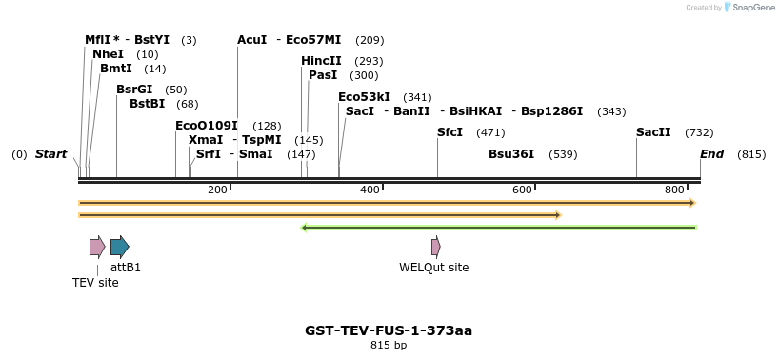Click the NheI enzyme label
(x=108, y=54)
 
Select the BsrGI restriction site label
(x=134, y=90)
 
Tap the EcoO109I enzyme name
(x=207, y=126)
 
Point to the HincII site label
(x=321, y=61)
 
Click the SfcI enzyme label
(x=449, y=132)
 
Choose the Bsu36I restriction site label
(x=511, y=153)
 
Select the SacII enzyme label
(x=653, y=132)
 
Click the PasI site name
(x=323, y=75)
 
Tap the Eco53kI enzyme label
(x=364, y=97)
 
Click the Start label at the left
(x=51, y=153)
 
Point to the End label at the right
(x=711, y=153)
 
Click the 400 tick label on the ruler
(x=370, y=190)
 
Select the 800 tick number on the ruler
(x=675, y=190)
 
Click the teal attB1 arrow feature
(x=119, y=248)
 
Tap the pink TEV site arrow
(x=97, y=248)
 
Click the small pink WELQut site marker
(x=435, y=248)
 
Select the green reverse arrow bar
(x=498, y=228)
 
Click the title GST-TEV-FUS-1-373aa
(x=389, y=330)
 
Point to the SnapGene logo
(x=746, y=8)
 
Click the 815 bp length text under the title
(x=389, y=345)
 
